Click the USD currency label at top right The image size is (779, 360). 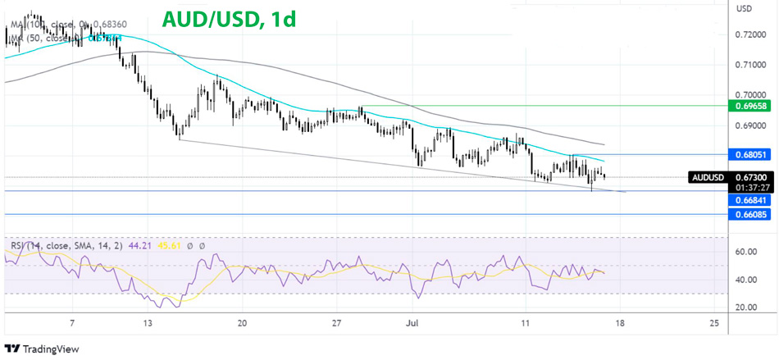[745, 9]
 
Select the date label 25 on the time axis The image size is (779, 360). [714, 322]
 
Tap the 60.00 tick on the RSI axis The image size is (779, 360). [745, 253]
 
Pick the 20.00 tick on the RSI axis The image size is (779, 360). [745, 308]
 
